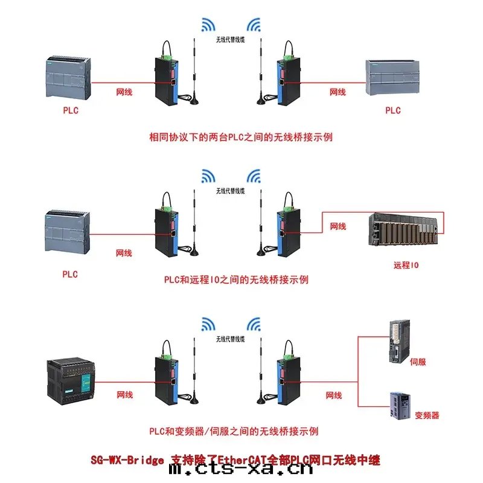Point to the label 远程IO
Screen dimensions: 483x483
tap(406, 265)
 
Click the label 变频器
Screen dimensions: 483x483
tap(427, 415)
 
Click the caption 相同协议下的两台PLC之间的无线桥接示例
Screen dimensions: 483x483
tap(241, 137)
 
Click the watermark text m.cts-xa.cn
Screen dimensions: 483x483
tap(241, 469)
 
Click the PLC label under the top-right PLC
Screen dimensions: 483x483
tap(393, 110)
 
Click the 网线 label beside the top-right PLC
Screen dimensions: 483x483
tap(337, 92)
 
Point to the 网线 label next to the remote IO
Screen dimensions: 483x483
tap(338, 226)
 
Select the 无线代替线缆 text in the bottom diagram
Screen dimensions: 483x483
tap(231, 339)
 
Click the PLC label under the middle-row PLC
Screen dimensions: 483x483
tap(70, 274)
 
